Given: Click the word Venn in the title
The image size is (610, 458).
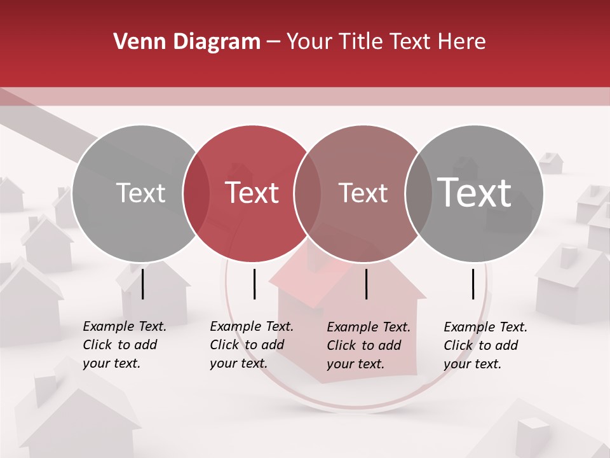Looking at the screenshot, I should [x=135, y=42].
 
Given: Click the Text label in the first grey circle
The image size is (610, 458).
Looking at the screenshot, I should [x=140, y=193].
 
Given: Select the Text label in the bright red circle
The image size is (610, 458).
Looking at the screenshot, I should [x=252, y=193].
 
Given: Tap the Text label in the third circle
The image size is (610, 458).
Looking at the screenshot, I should [x=363, y=193].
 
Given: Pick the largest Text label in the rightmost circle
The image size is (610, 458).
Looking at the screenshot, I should [x=475, y=193].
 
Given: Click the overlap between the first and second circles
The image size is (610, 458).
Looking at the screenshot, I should [x=196, y=193].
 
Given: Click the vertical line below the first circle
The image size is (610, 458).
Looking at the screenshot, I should [x=143, y=284].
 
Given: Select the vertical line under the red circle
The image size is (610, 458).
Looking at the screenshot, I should [x=254, y=284].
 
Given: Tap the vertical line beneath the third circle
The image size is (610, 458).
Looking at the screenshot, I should [x=366, y=284].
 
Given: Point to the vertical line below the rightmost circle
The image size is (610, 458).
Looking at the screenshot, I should [x=473, y=284].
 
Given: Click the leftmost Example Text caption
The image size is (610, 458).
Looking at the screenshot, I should [x=124, y=345].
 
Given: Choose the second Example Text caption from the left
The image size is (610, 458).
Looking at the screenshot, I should [x=251, y=345].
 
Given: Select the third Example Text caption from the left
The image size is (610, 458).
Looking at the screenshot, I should [x=368, y=345].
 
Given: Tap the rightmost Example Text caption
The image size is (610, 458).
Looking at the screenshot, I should [x=485, y=345].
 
